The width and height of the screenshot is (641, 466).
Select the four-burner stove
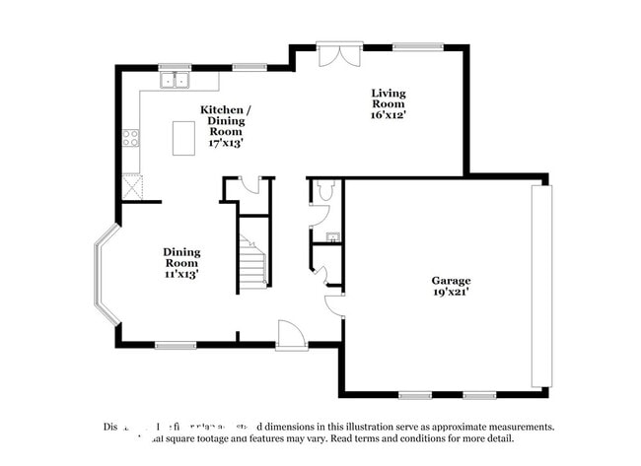pos(130,139)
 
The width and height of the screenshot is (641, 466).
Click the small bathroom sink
pos(332,236)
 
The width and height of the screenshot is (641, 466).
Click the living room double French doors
pos(333,54)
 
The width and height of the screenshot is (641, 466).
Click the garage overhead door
pos(537,286)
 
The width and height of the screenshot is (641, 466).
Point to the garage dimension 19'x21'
pos(450,292)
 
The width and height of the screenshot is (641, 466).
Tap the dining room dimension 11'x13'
pos(180,274)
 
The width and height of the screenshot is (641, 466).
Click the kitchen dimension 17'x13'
pos(225,143)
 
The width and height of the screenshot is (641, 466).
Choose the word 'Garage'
pos(451,280)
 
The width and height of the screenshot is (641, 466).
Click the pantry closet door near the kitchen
pos(249,183)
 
